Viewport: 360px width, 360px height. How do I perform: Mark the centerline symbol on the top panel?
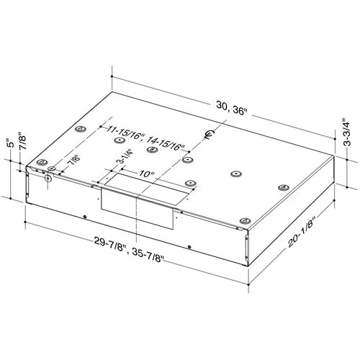point(210,134)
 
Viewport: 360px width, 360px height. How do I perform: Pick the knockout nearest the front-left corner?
point(42,162)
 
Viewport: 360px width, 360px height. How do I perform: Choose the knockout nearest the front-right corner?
point(245,220)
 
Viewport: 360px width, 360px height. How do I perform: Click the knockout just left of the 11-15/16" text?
point(79,131)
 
